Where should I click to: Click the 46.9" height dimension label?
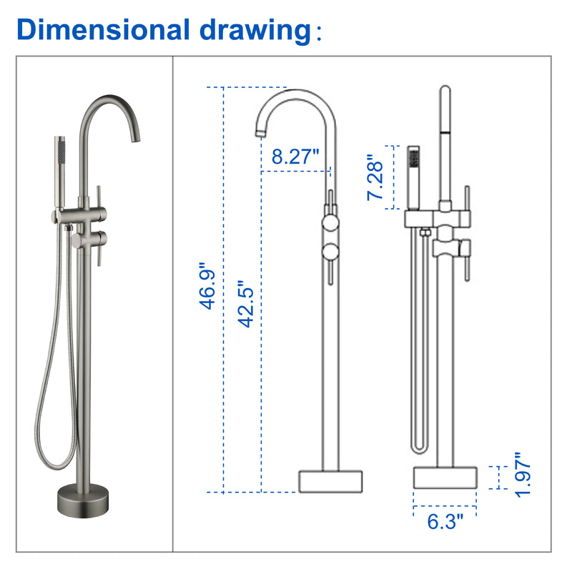tap(207, 285)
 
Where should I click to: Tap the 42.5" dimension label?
tap(245, 304)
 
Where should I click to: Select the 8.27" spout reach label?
tap(295, 156)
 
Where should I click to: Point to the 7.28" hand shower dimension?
tap(375, 177)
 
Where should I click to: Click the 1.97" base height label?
tap(523, 475)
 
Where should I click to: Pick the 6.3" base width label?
tap(445, 521)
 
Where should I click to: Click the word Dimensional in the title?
tap(103, 29)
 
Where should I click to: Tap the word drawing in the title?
tap(255, 31)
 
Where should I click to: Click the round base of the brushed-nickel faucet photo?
tap(83, 500)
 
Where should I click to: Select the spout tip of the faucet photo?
tap(135, 139)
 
